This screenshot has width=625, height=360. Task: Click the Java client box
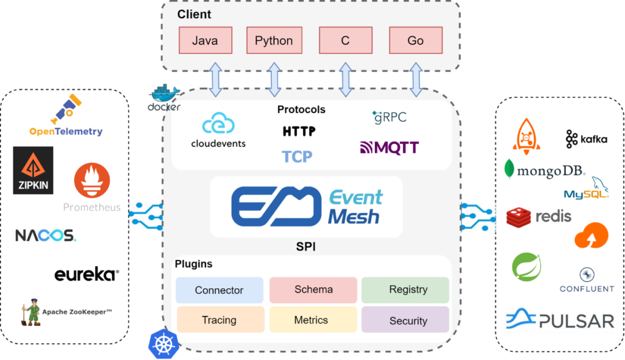[x=205, y=41]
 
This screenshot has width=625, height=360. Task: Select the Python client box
[x=274, y=41]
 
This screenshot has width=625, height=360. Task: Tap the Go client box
[x=416, y=41]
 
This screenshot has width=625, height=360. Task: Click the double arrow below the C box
[x=345, y=79]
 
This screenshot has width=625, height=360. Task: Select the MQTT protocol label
[x=389, y=148]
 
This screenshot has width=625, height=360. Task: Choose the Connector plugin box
[x=219, y=290]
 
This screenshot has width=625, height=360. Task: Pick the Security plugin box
[x=405, y=320]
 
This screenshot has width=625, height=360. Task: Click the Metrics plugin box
[x=311, y=320]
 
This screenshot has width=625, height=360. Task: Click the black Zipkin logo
[x=33, y=170]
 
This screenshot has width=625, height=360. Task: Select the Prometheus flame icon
[x=92, y=179]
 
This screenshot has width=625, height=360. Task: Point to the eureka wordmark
[x=87, y=275]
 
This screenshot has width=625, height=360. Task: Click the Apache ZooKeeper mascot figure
[x=31, y=313]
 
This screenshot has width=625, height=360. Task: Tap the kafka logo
[x=586, y=139]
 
